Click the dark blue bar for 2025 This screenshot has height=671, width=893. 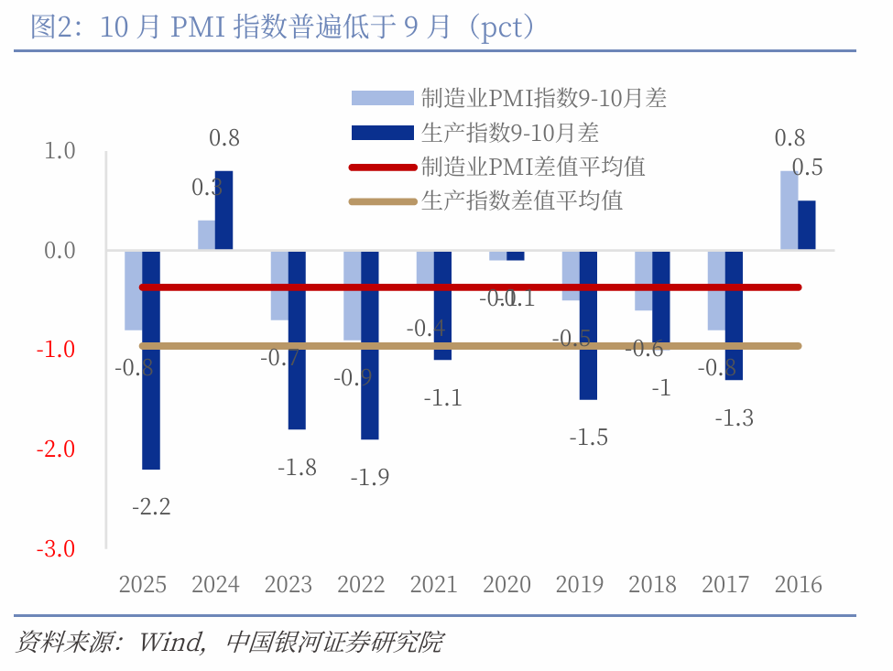coord(151,359)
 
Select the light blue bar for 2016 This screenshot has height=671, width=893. coord(789,210)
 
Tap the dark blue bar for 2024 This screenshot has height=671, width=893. coord(223,210)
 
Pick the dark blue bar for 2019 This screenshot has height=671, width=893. coord(588,324)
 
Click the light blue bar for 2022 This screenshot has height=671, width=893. coord(352,295)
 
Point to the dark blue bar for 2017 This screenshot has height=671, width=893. coord(734,314)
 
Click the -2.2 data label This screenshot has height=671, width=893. coord(151,506)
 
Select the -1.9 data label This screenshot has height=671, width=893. coord(370,477)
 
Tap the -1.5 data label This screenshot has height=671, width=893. coord(588,438)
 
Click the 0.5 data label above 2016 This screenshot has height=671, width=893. coord(807,168)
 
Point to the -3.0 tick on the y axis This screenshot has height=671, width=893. coord(57,548)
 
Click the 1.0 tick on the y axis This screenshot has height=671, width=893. coord(60,150)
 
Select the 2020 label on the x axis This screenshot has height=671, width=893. coord(506,584)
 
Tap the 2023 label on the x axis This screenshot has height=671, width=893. coord(289,584)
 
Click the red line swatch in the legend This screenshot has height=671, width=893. coord(382,167)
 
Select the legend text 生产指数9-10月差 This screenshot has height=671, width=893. coord(510,133)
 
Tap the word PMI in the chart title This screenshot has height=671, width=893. coord(200,27)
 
